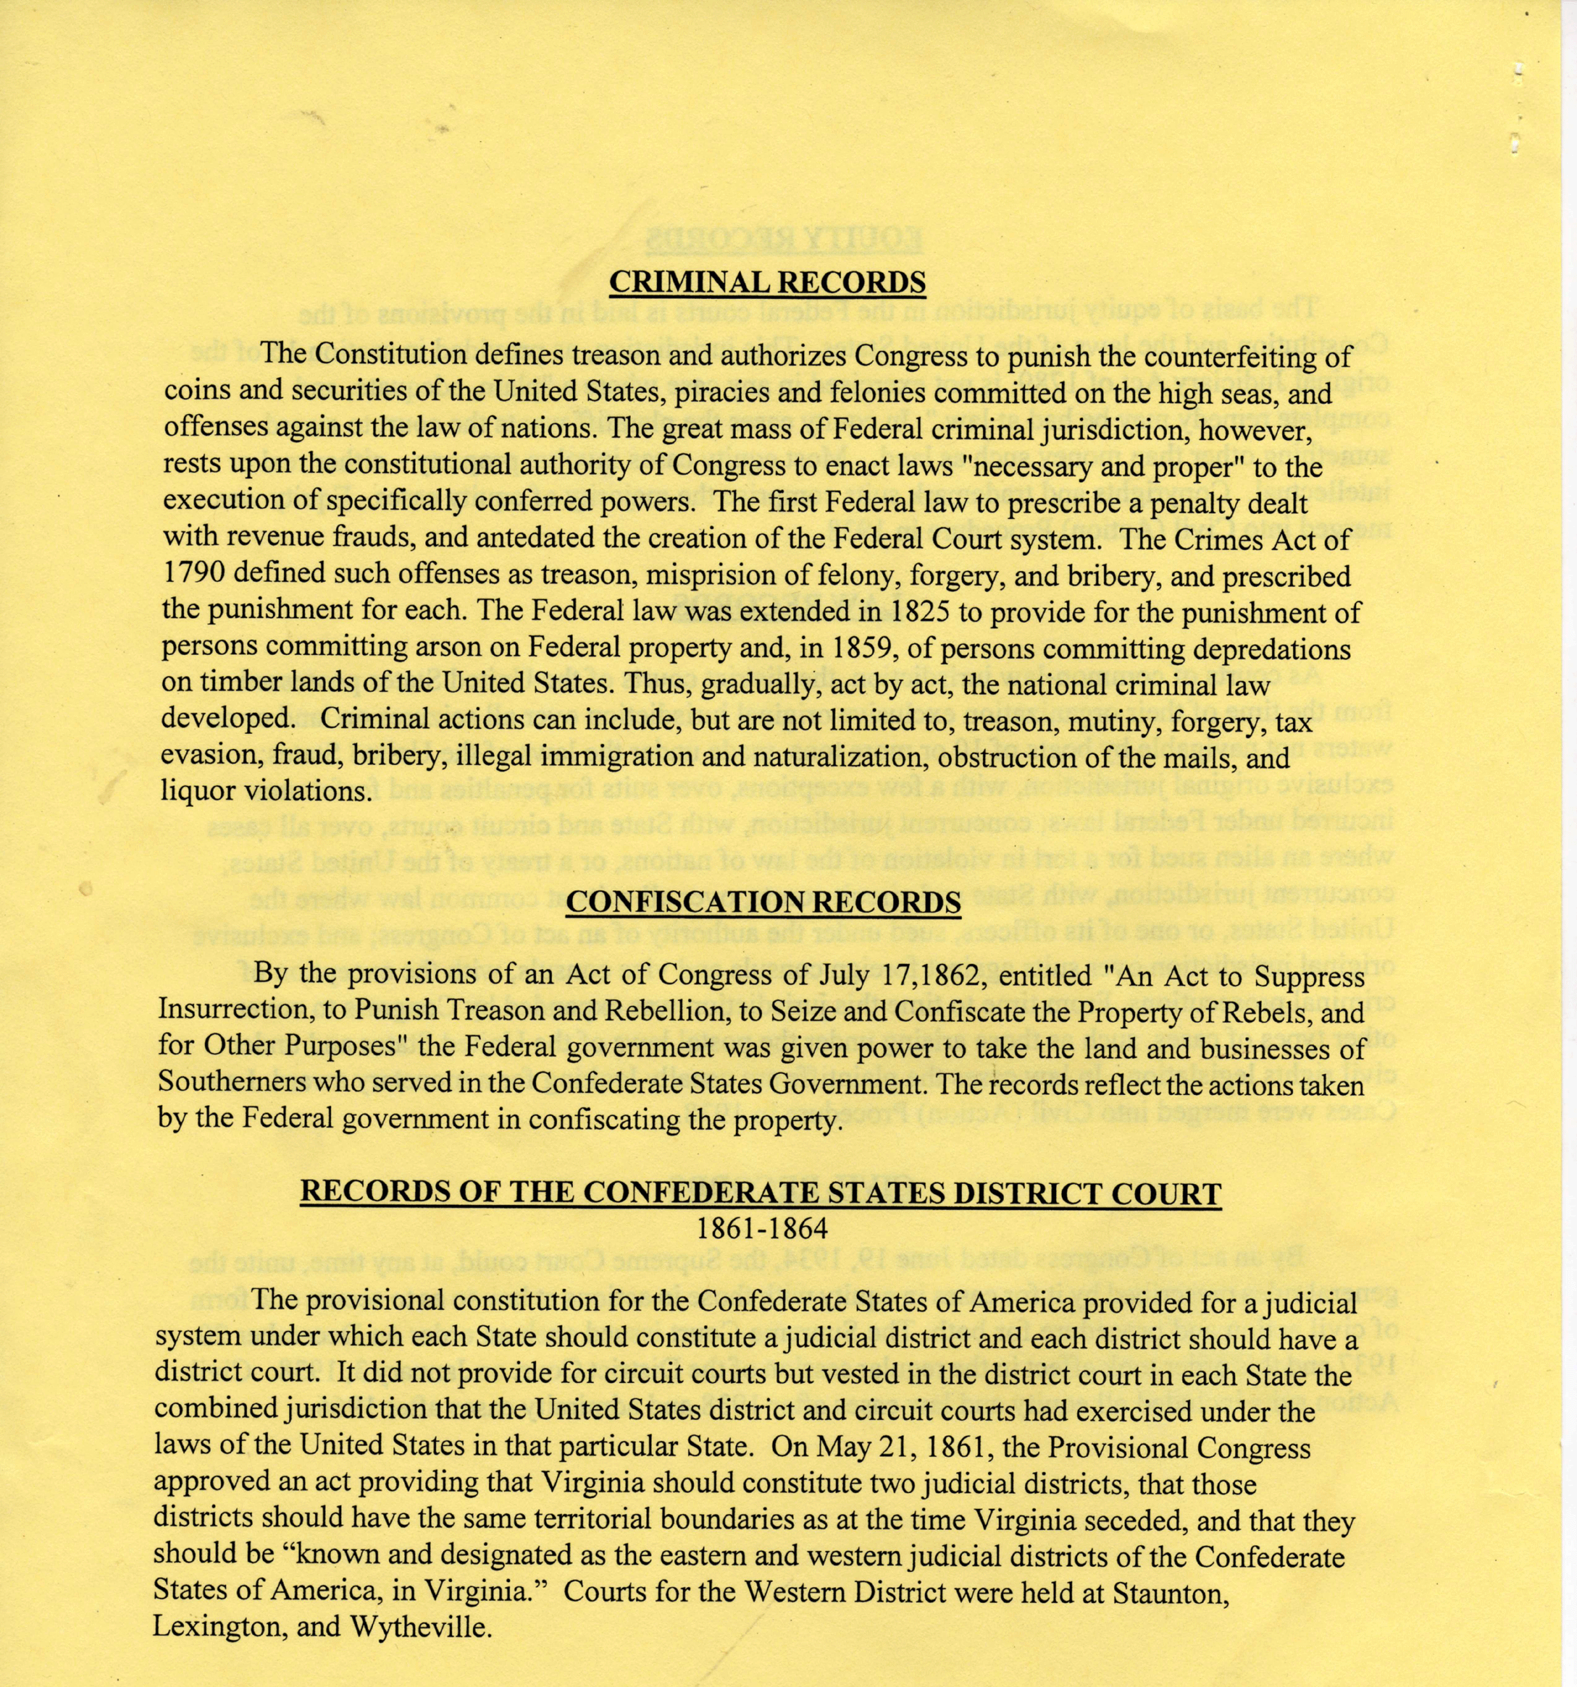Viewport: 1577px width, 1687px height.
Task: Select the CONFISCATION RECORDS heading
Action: [x=762, y=902]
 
